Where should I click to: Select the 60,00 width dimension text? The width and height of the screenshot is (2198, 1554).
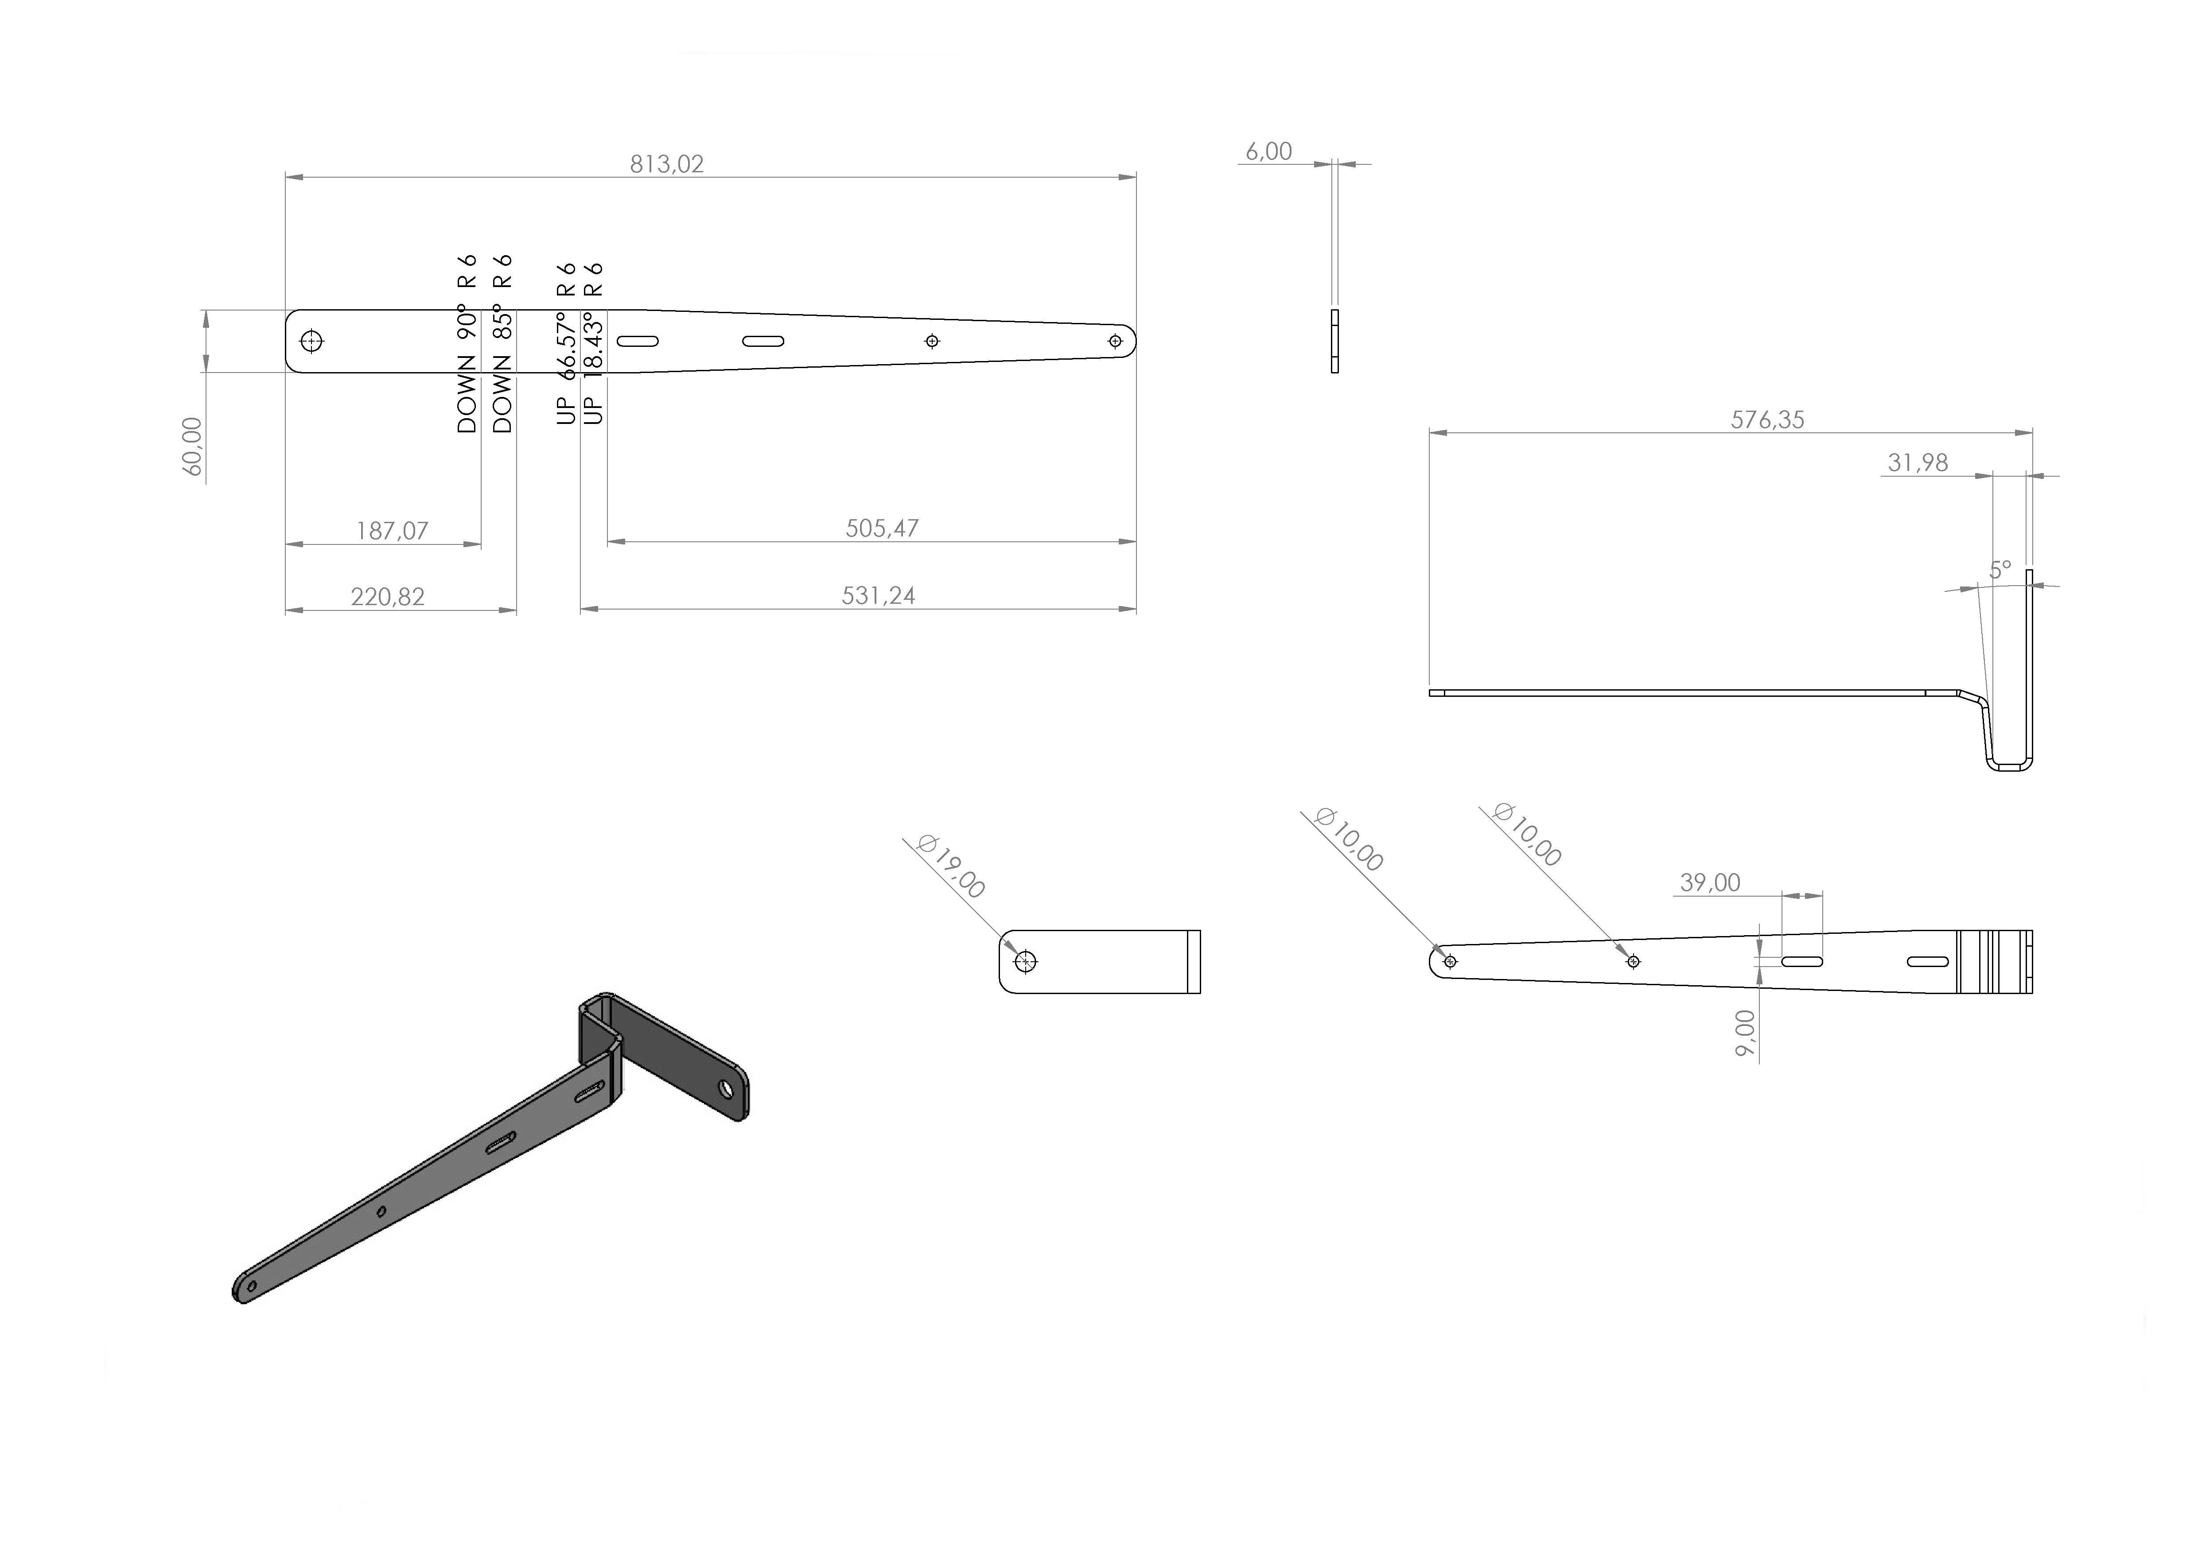click(x=192, y=447)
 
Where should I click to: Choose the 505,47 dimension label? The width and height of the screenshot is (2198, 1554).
click(x=882, y=528)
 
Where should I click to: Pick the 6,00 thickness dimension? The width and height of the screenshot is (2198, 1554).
click(x=1268, y=151)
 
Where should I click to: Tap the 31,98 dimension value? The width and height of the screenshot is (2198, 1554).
click(x=1918, y=463)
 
